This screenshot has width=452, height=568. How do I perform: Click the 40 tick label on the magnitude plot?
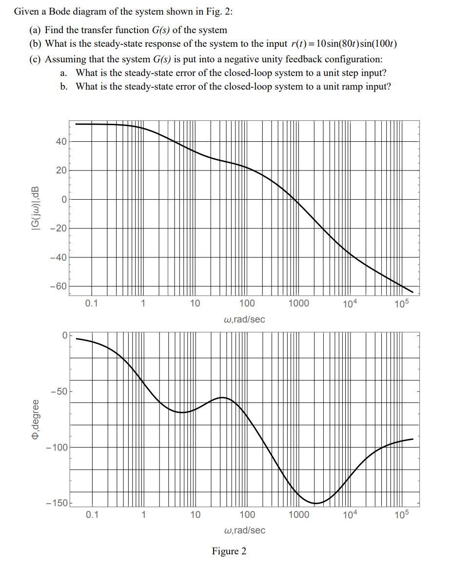[x=60, y=142]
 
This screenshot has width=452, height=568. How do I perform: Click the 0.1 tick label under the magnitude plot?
[x=91, y=303]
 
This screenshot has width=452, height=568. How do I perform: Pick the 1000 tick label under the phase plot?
[x=298, y=515]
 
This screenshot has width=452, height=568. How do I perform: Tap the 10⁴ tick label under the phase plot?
[x=350, y=515]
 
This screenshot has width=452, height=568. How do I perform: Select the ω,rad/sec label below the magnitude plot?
[x=244, y=320]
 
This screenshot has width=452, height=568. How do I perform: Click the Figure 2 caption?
[x=229, y=551]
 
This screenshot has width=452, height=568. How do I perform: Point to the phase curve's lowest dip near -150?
[x=316, y=503]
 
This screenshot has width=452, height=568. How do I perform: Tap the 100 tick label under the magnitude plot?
[x=247, y=303]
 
